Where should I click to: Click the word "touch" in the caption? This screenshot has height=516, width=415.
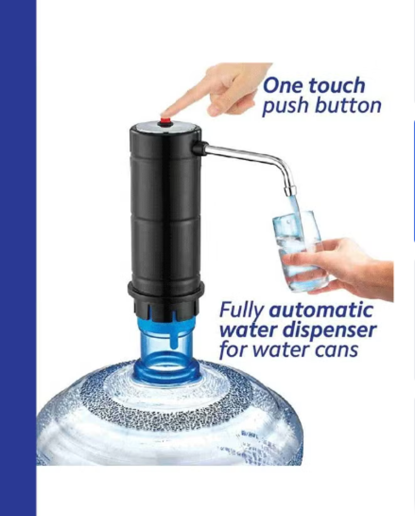coord(336,85)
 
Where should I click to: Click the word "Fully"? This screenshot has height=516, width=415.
coord(242,311)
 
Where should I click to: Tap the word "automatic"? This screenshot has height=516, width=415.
coord(321,310)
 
